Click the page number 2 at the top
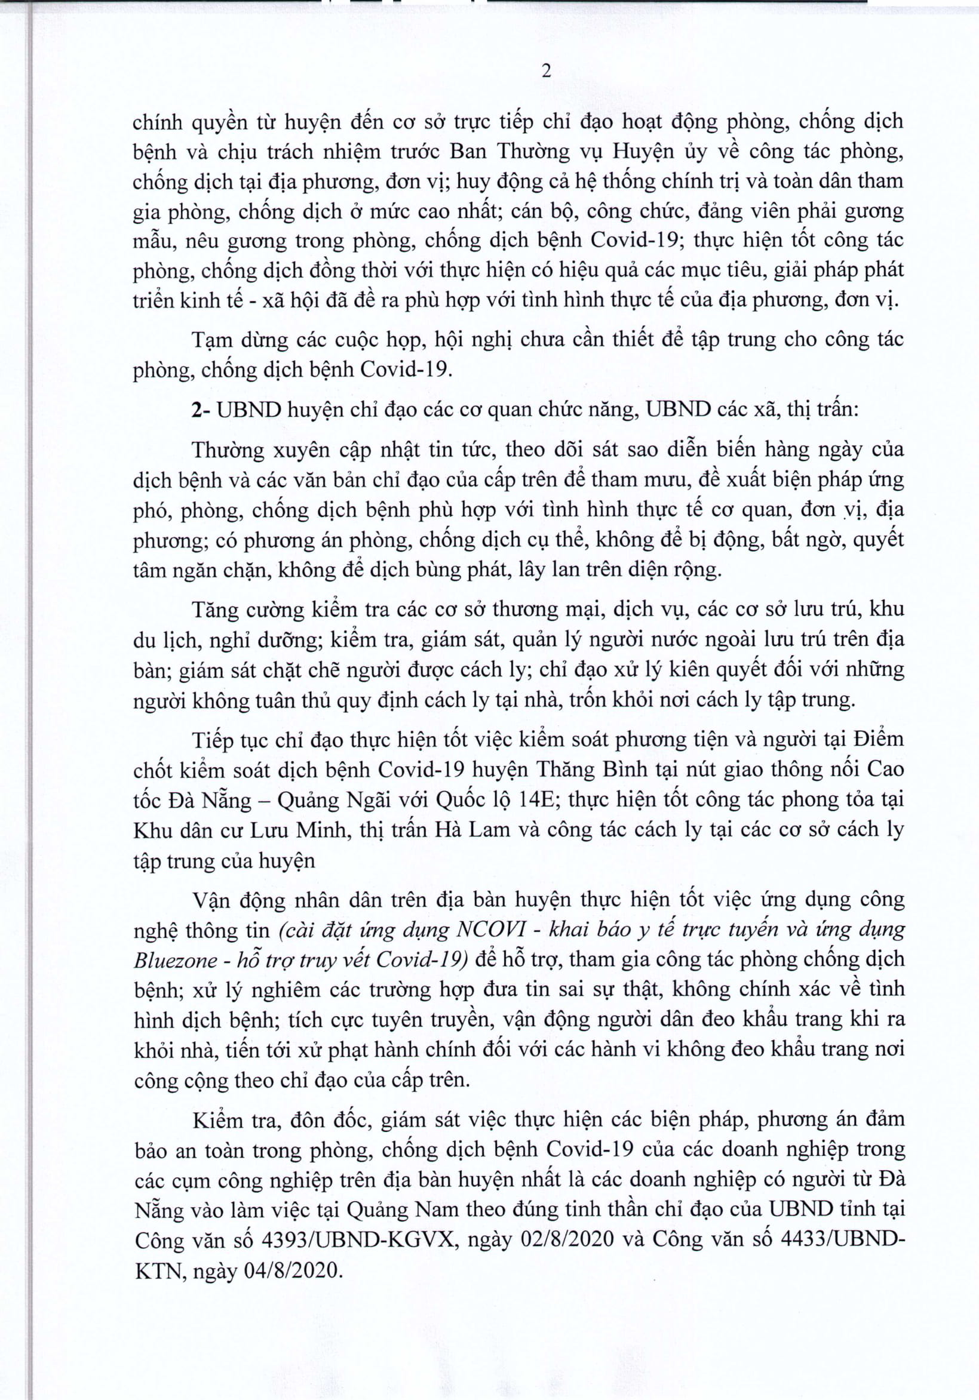(x=547, y=71)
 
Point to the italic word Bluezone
(x=176, y=961)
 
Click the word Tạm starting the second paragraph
(x=212, y=340)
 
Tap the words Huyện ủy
(x=660, y=151)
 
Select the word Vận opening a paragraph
(x=211, y=899)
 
